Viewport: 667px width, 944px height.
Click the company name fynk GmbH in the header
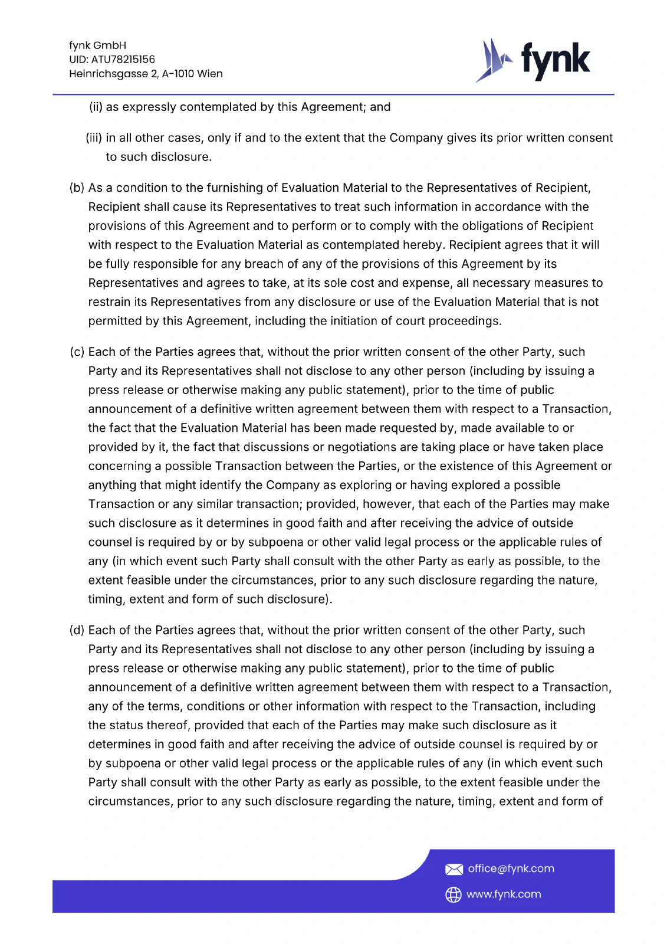[97, 45]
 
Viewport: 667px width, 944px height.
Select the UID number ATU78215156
[123, 60]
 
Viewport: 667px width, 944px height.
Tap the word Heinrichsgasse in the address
[108, 74]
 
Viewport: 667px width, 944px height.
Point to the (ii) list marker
[96, 107]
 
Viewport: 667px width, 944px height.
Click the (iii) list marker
[94, 138]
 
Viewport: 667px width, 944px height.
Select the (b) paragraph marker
[77, 188]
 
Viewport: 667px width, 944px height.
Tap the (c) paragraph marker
[77, 352]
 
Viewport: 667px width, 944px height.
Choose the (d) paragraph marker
[77, 630]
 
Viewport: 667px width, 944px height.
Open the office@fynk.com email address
[511, 868]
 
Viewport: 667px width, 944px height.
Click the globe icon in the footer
[453, 894]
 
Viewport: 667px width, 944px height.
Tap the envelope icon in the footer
[454, 869]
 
